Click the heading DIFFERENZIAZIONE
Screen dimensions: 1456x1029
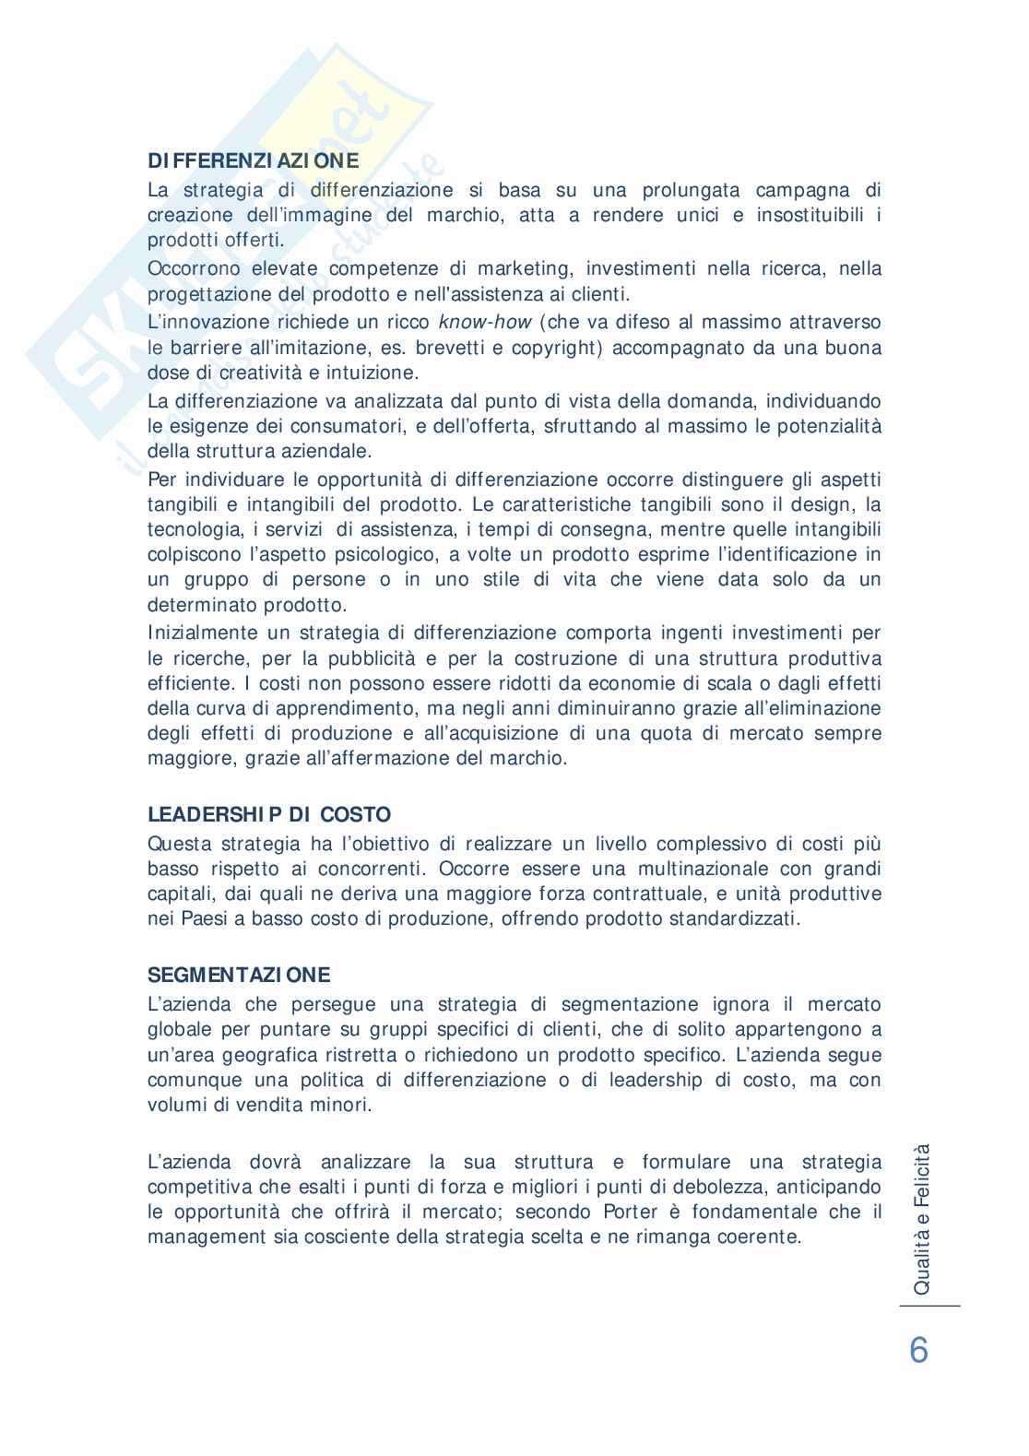click(x=254, y=160)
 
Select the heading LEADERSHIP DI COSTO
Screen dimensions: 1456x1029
click(x=269, y=815)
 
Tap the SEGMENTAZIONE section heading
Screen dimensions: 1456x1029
click(x=239, y=975)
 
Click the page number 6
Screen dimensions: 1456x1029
click(x=918, y=1351)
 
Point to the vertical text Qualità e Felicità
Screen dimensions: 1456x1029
click(x=921, y=1218)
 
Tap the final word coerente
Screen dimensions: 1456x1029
click(x=763, y=1237)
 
